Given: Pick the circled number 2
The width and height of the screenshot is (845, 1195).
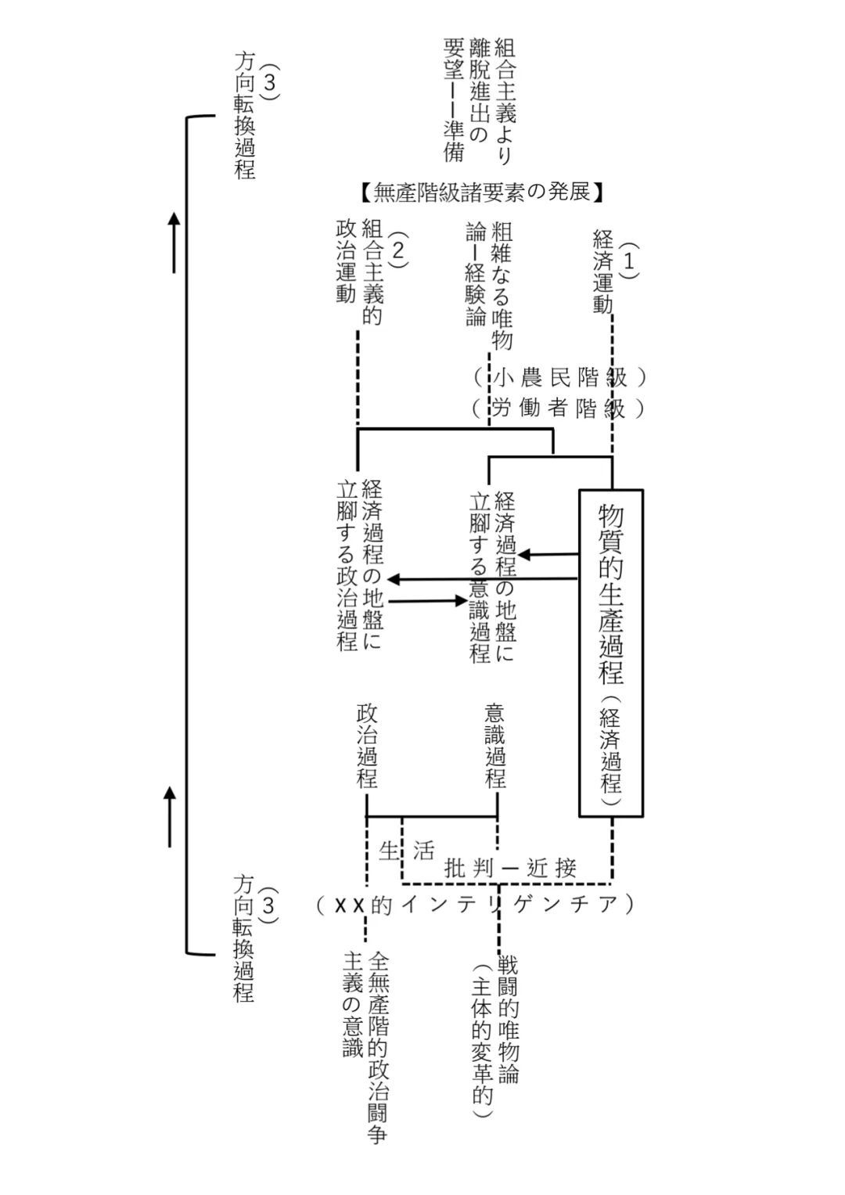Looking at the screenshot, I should coord(397,250).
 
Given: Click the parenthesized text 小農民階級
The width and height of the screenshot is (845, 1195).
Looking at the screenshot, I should coord(559,377).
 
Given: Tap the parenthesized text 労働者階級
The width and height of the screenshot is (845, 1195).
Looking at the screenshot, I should coord(559,408).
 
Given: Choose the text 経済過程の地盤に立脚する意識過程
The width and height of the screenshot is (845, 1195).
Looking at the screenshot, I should coord(492,576).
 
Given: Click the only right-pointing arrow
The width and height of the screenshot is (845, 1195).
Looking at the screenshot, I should coord(427,601).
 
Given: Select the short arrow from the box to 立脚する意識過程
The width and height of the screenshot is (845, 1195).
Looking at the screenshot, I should coord(548,554).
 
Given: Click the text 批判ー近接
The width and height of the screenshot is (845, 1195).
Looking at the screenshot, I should coord(511,867).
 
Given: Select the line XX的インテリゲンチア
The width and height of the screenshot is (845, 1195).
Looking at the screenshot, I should coord(475,905).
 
